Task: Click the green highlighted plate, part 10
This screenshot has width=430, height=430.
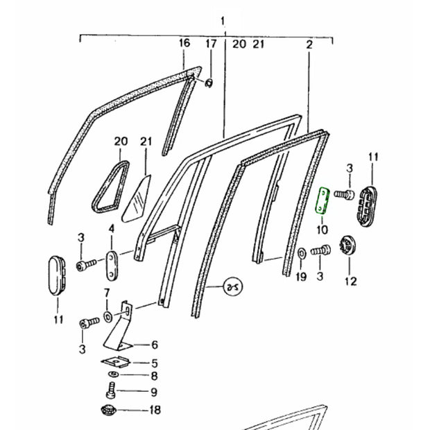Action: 322,201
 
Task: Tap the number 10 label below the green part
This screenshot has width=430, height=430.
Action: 322,229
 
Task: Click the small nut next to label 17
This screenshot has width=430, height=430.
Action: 209,84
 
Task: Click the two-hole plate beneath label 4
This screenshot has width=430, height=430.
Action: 112,263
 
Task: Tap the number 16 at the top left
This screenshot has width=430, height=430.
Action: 184,44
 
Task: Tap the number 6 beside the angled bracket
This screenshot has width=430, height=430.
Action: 155,345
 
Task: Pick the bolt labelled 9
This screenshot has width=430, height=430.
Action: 111,393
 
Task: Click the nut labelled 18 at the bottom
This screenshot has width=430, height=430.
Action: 111,410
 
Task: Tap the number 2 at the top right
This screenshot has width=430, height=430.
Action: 309,44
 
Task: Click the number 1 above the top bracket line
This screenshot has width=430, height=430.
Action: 223,21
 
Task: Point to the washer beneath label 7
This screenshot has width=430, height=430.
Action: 108,317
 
